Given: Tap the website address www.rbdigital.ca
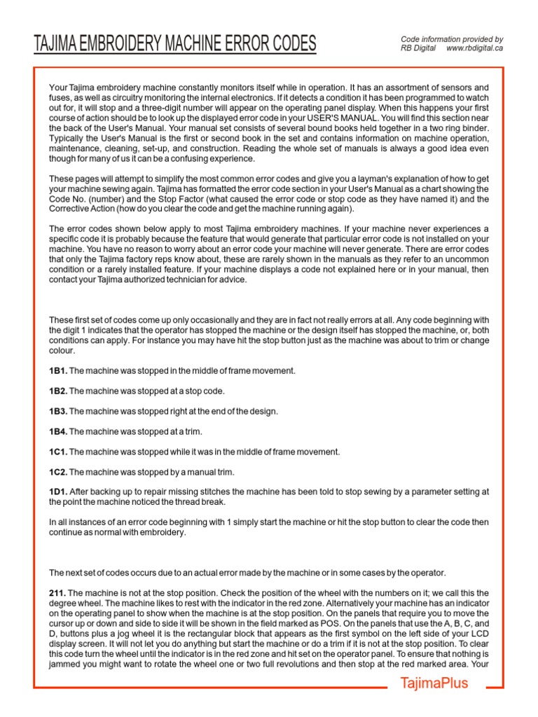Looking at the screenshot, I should [474, 48].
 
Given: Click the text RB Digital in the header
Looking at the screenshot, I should [418, 48].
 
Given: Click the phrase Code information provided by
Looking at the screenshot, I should [451, 39].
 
